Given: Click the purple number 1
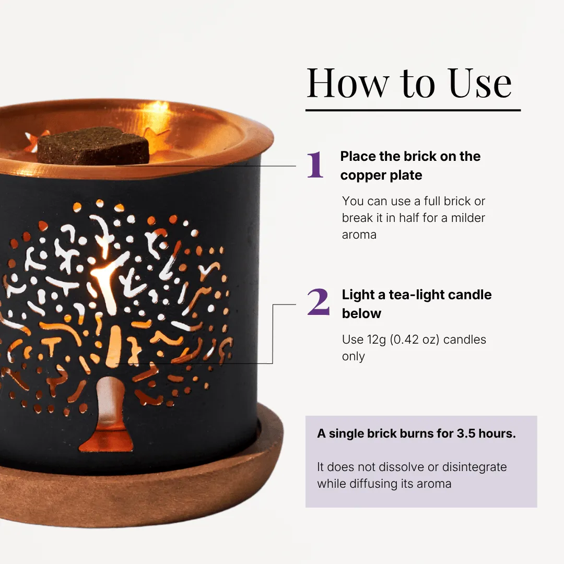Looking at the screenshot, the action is pos(315,164).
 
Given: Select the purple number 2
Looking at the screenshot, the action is pos(319,302).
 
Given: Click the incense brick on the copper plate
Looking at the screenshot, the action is pos(93,145).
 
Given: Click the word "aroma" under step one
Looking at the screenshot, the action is pos(359,235).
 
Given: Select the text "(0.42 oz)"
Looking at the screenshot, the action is pos(415,339).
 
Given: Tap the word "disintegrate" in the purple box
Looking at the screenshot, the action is pos(474,467).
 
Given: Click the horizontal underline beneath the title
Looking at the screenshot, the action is pos(413,110).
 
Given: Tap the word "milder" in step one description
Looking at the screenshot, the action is pos(468,218).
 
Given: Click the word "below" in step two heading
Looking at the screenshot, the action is pos(361,314).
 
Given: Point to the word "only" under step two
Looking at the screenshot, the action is pos(353,357).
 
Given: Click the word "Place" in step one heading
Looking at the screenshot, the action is pos(358,157).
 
